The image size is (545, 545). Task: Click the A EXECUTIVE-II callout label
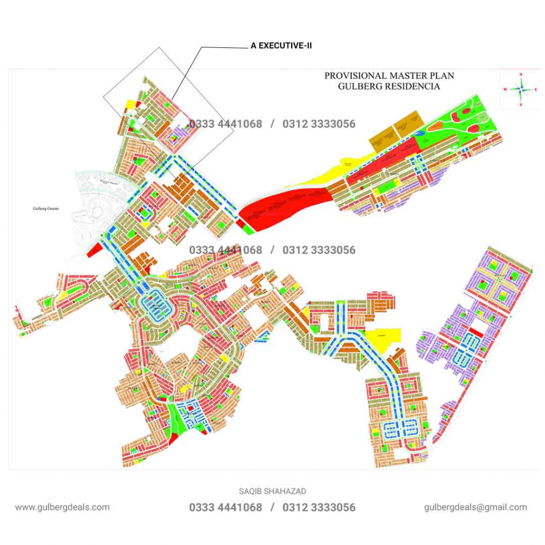click(x=281, y=46)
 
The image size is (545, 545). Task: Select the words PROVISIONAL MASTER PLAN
click(x=389, y=76)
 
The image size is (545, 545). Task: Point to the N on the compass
click(x=521, y=75)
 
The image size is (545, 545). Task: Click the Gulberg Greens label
click(x=44, y=209)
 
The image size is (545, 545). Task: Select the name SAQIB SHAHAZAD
click(x=272, y=491)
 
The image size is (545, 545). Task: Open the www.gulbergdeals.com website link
click(x=62, y=507)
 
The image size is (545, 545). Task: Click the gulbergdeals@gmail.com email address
click(x=476, y=507)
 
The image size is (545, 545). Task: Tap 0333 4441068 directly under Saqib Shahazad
click(x=226, y=508)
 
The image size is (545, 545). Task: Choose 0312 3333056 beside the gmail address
click(x=319, y=508)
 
